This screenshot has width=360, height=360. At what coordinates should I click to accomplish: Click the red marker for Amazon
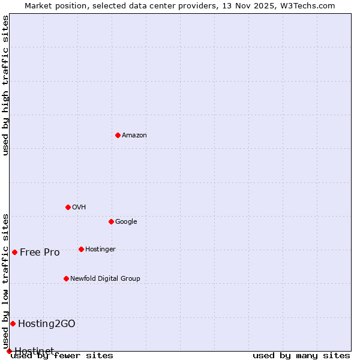point(118,135)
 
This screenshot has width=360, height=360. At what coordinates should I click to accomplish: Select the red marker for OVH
point(68,207)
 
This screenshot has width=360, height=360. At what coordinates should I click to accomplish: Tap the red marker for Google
point(111,221)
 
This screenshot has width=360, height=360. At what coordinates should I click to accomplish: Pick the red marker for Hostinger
point(81,249)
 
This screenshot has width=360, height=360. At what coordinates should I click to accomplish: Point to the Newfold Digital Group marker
point(66,278)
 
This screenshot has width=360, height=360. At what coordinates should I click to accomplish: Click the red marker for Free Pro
point(14,252)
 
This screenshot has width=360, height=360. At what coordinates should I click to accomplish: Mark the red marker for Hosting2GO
point(13,323)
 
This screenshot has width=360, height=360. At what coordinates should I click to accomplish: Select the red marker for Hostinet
point(9,351)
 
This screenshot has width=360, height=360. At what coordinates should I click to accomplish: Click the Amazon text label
point(134,135)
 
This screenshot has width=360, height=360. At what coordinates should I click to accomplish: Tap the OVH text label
point(79,207)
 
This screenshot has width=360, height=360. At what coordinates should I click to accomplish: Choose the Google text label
point(126,221)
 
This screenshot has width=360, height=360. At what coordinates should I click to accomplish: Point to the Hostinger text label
point(100,249)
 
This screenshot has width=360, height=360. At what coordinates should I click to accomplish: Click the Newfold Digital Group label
point(105,278)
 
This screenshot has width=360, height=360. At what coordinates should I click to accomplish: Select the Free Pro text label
point(40,252)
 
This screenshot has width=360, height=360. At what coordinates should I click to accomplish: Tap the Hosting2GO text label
point(47,323)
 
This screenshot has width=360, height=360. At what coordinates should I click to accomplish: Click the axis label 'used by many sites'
point(301,355)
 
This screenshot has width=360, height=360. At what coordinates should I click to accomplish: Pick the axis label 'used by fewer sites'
point(62,355)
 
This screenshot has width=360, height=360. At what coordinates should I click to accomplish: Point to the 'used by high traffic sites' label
point(5,85)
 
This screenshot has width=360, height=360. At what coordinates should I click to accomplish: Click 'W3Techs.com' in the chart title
point(308,5)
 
